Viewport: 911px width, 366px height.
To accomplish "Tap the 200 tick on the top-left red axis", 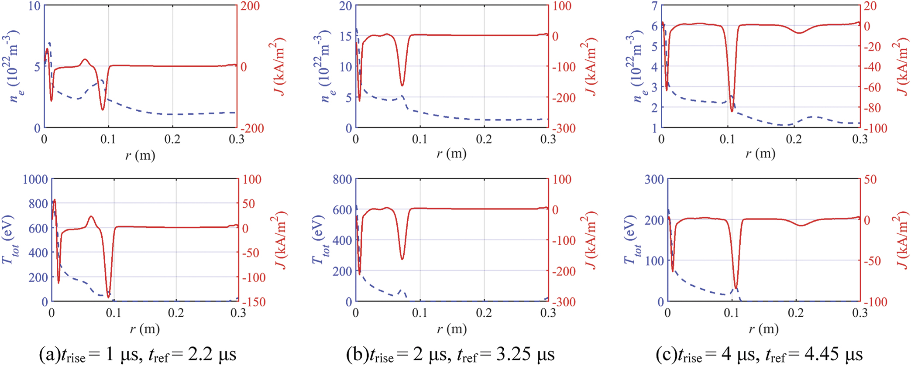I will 250,6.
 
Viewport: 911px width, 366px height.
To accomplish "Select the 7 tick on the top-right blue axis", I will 654,6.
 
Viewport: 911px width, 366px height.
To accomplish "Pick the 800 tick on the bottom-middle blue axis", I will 342,179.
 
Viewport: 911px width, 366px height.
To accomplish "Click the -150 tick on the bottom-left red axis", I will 253,302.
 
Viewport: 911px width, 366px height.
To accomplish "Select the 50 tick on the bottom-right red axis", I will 870,179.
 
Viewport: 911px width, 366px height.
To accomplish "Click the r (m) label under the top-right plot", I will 760,154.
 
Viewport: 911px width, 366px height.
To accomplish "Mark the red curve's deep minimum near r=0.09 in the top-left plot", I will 103,109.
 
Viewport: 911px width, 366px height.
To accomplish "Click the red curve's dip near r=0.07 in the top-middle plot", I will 402,85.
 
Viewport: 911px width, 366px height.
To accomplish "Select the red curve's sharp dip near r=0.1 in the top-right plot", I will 732,111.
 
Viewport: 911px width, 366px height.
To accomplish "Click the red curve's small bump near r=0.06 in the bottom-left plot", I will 91,216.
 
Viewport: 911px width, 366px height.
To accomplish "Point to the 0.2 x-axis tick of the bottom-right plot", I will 796,313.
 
